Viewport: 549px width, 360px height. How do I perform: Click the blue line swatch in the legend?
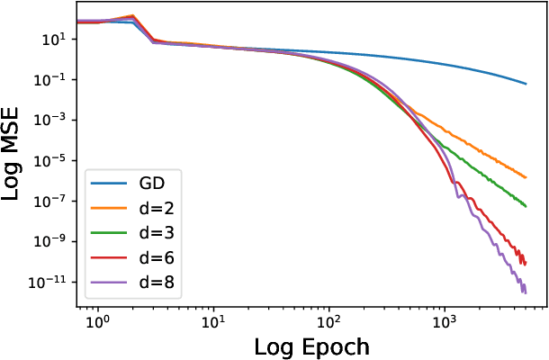(109, 184)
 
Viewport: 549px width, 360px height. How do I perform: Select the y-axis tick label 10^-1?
(50, 80)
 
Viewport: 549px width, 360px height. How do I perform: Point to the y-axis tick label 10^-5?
(50, 161)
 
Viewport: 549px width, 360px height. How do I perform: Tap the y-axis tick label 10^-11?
(48, 283)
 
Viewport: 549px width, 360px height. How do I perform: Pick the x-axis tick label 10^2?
(328, 318)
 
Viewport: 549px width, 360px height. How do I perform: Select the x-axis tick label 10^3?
(444, 318)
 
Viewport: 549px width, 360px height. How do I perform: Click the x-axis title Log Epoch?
(311, 346)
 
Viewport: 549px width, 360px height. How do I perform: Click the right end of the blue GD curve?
(526, 84)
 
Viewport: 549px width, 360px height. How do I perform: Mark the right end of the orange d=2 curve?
(526, 176)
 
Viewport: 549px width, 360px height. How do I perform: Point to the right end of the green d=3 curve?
(526, 207)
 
